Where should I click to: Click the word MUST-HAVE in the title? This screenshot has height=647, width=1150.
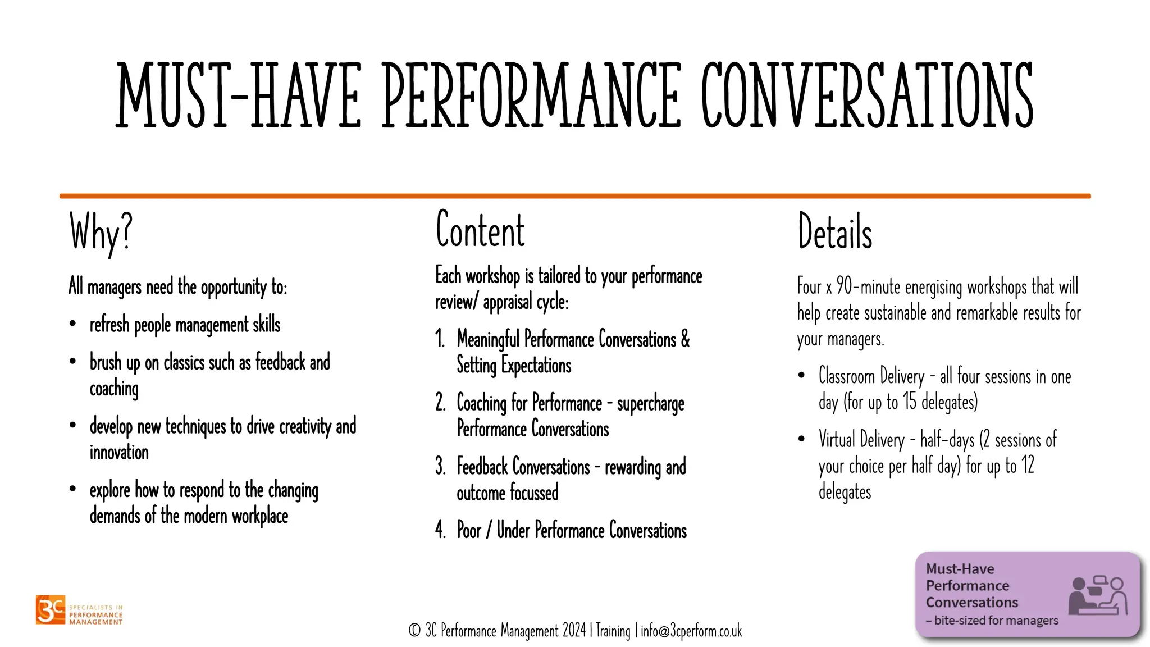[x=239, y=95]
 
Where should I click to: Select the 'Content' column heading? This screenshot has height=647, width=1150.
[x=480, y=230]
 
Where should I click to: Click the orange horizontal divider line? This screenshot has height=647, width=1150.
[x=575, y=196]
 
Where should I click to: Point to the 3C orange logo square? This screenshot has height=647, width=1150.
[x=51, y=609]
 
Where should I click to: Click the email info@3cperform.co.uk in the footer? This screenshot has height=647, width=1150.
[x=691, y=631]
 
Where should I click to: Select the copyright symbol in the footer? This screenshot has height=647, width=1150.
[x=414, y=631]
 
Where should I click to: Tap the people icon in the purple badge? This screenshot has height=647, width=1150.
[x=1098, y=596]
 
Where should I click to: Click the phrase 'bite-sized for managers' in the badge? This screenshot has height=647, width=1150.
[x=996, y=621]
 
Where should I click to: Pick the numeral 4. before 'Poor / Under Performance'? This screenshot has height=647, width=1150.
[x=440, y=530]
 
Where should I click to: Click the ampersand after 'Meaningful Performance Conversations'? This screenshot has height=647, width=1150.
[x=685, y=339]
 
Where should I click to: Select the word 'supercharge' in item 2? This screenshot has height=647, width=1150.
[x=651, y=404]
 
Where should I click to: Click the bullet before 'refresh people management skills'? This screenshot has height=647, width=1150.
[x=73, y=323]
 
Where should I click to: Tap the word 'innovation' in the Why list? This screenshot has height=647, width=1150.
[x=119, y=453]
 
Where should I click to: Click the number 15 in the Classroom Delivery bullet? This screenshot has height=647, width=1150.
[x=909, y=402]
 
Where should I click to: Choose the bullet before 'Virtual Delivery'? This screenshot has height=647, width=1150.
[x=802, y=439]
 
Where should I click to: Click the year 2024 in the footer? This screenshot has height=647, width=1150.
[x=574, y=631]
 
